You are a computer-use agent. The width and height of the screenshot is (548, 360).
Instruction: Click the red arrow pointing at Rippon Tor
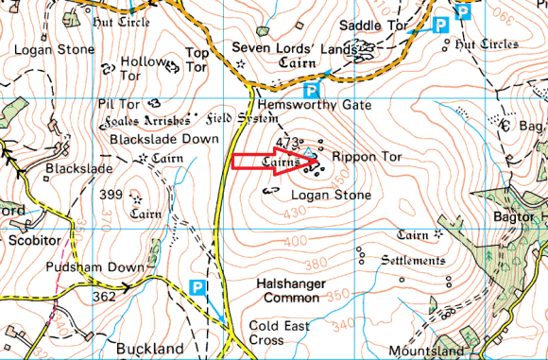274,162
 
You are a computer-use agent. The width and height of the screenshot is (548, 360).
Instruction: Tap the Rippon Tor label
368,155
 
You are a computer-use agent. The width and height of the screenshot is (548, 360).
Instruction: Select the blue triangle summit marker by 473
307,149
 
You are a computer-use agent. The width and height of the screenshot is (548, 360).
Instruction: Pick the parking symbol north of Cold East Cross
197,286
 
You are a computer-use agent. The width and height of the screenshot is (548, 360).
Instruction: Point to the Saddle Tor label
373,25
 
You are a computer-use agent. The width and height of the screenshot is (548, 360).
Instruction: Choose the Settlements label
412,260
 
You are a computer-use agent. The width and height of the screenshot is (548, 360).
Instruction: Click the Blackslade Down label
165,138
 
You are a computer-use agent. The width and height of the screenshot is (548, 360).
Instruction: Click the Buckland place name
146,349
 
